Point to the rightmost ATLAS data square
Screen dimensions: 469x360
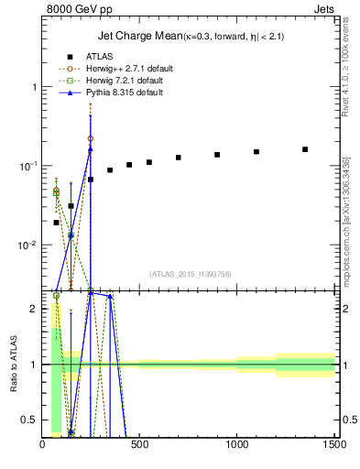tap(305, 149)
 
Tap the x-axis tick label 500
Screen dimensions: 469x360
tap(139, 446)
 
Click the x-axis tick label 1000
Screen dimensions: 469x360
tap(236, 446)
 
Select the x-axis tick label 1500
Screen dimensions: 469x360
tap(333, 446)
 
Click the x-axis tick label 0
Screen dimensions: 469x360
tap(43, 446)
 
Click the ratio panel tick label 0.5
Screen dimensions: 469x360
tap(29, 420)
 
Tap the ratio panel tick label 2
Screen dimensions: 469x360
tap(34, 309)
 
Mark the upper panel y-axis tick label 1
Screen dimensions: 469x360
tap(34, 87)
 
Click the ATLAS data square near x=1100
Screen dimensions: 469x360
tap(256, 152)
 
